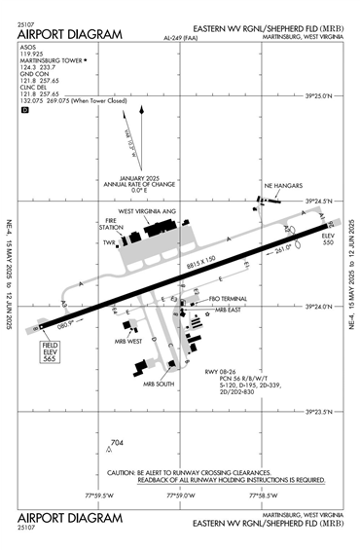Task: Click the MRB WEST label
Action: [128, 342]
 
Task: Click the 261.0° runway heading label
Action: [281, 248]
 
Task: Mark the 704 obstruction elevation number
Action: [119, 444]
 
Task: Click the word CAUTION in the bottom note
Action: [123, 471]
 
